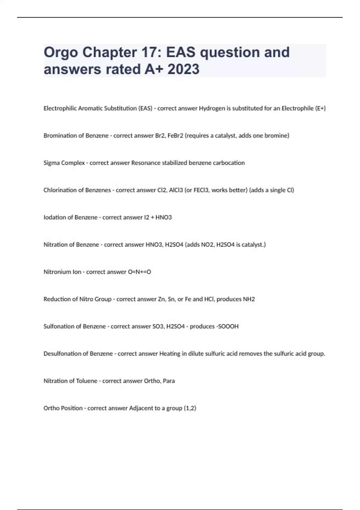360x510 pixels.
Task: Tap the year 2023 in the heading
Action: point(183,69)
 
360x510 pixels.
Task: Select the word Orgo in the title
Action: point(61,52)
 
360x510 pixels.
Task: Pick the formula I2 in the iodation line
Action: point(146,217)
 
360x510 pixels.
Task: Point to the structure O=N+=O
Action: point(139,272)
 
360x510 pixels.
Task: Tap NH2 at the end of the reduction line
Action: point(249,299)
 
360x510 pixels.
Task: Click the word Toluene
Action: point(87,381)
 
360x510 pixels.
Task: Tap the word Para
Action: point(169,381)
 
